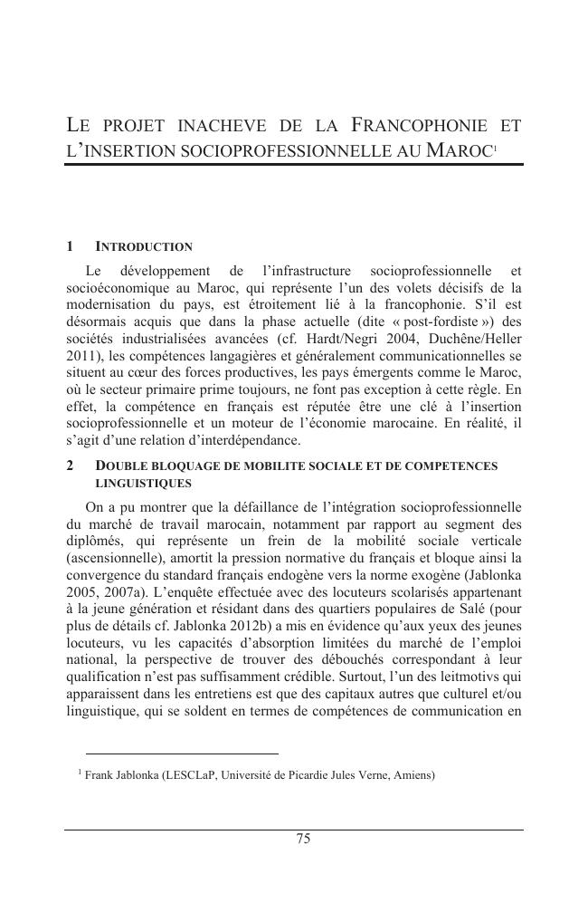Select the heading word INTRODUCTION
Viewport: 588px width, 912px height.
pyautogui.click(x=144, y=246)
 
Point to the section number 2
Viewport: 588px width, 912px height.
pyautogui.click(x=71, y=466)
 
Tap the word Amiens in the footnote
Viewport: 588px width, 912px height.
pyautogui.click(x=412, y=775)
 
